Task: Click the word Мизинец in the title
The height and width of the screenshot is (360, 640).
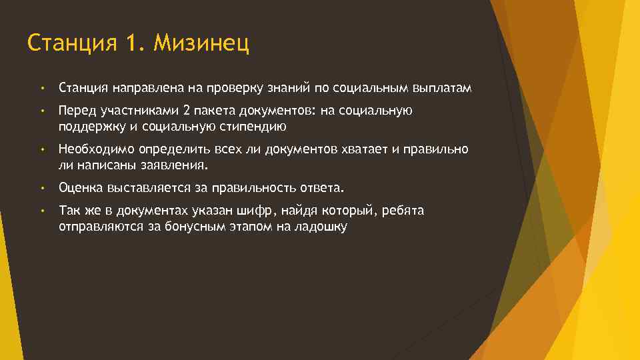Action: (x=201, y=44)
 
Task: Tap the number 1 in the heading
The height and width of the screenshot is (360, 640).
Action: (x=131, y=44)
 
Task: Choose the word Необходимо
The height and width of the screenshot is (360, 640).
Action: (x=95, y=149)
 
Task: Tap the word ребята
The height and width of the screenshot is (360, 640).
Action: (x=405, y=211)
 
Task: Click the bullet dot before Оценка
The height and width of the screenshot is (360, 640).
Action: (x=41, y=188)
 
